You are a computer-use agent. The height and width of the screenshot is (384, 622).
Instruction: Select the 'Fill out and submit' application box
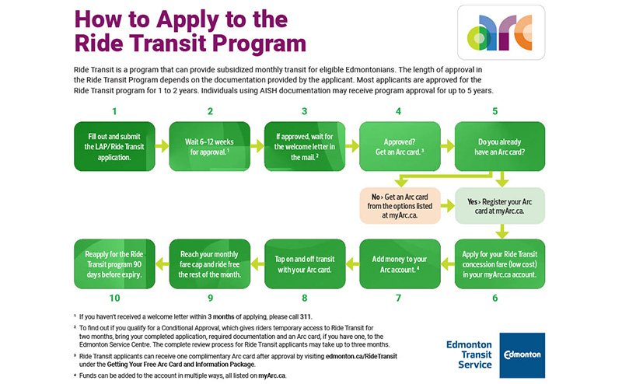(114, 145)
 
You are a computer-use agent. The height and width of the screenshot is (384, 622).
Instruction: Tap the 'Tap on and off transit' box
(305, 264)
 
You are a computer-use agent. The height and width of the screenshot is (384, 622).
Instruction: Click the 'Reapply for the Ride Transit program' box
(114, 264)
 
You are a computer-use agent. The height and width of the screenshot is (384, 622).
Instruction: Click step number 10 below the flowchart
(114, 298)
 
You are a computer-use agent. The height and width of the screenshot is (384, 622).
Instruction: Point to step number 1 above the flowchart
(114, 111)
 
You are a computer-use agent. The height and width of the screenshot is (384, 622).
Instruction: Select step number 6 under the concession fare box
(495, 298)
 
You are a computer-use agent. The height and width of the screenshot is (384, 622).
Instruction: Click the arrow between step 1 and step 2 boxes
(162, 145)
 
